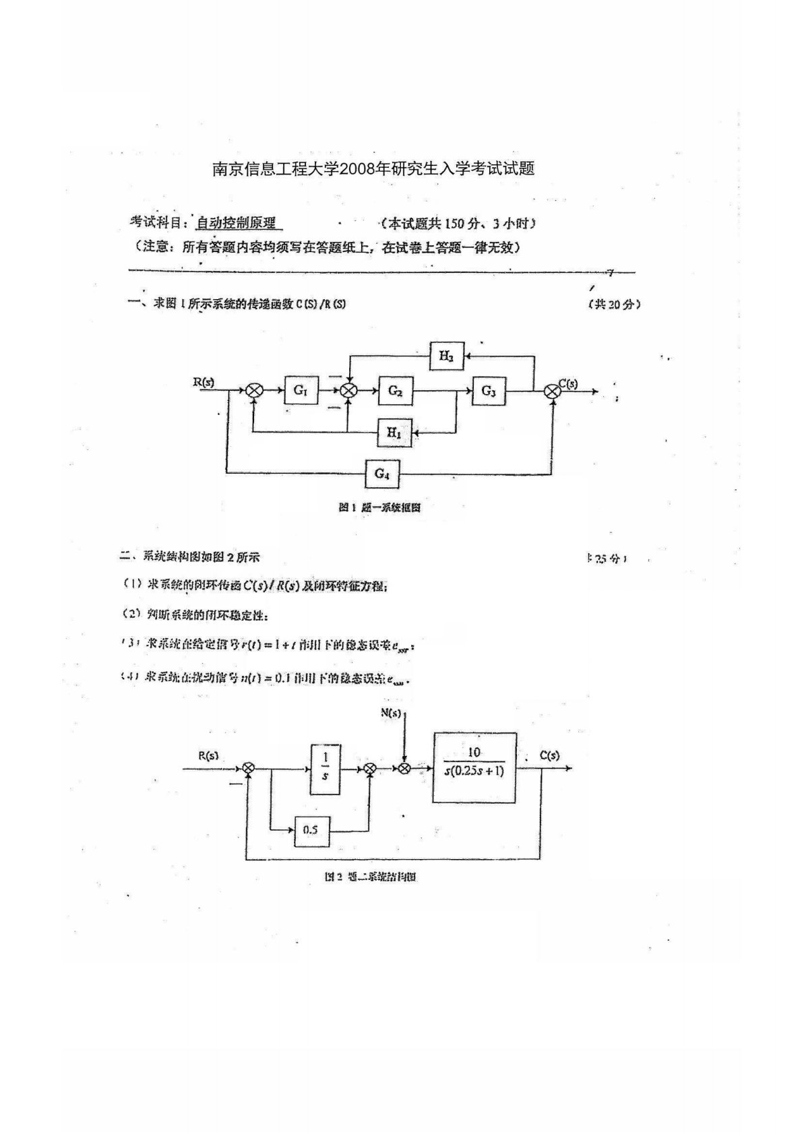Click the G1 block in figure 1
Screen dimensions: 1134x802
pyautogui.click(x=301, y=390)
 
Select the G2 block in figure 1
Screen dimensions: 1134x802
pyautogui.click(x=396, y=390)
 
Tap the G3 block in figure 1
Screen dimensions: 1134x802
pyautogui.click(x=489, y=391)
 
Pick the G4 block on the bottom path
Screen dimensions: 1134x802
pyautogui.click(x=381, y=473)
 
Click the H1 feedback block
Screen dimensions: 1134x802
pyautogui.click(x=394, y=433)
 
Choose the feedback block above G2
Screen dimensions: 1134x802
pyautogui.click(x=446, y=356)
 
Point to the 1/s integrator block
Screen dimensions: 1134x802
pyautogui.click(x=325, y=768)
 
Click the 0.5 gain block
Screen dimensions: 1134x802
pyautogui.click(x=311, y=830)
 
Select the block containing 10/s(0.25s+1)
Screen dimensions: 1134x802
pyautogui.click(x=475, y=767)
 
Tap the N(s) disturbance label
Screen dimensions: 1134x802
pyautogui.click(x=391, y=712)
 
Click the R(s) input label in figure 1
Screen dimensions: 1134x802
pyautogui.click(x=204, y=381)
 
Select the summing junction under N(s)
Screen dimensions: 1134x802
pyautogui.click(x=404, y=768)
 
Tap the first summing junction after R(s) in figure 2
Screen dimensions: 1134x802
pyautogui.click(x=248, y=768)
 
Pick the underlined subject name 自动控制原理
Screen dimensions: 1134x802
pyautogui.click(x=236, y=224)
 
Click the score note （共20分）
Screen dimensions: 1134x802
pyautogui.click(x=613, y=304)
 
